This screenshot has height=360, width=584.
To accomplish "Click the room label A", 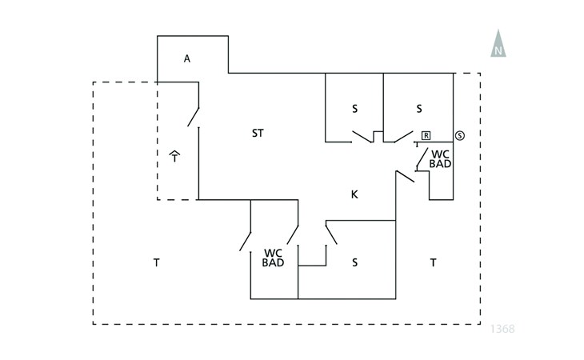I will click(187, 58).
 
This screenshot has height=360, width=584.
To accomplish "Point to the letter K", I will click(354, 194).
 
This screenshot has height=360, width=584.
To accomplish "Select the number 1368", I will click(502, 328).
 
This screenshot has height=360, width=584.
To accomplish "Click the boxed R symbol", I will click(426, 135).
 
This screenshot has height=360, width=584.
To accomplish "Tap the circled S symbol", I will click(459, 134).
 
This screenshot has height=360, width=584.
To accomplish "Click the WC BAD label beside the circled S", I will click(440, 158).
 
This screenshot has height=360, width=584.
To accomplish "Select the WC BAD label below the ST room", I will click(273, 256).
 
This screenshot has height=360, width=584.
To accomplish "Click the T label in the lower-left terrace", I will click(156, 262).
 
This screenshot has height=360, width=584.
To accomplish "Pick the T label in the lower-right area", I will click(433, 262).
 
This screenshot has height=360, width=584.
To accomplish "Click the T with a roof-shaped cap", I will click(174, 154).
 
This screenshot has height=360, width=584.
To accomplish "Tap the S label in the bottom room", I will click(354, 262).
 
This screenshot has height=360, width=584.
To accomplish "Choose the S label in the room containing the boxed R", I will click(418, 108).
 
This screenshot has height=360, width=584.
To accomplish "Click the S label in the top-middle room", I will click(354, 108).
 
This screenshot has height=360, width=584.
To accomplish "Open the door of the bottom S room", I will click(330, 233).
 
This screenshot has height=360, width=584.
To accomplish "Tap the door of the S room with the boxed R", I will click(398, 136).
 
